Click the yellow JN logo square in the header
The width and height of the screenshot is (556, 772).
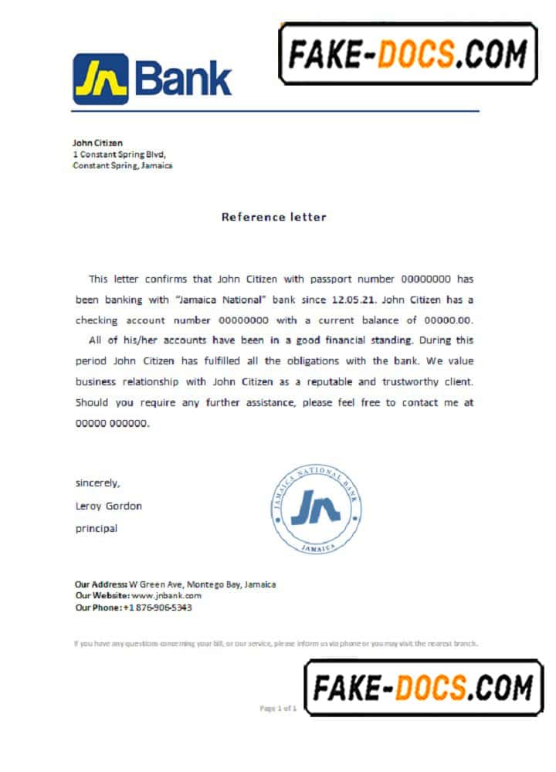pyautogui.click(x=100, y=79)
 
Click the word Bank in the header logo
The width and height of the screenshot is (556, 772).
pyautogui.click(x=183, y=80)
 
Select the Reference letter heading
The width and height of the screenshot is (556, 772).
pyautogui.click(x=274, y=217)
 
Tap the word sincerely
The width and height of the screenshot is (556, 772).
pyautogui.click(x=97, y=483)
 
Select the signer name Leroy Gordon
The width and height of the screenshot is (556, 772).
pyautogui.click(x=108, y=506)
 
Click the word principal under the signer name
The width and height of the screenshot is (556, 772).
pyautogui.click(x=97, y=529)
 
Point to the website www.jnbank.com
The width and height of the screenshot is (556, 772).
pyautogui.click(x=166, y=596)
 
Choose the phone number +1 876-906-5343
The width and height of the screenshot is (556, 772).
pyautogui.click(x=158, y=608)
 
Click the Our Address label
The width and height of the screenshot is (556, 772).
pyautogui.click(x=100, y=584)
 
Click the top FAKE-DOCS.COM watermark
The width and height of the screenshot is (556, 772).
pyautogui.click(x=408, y=54)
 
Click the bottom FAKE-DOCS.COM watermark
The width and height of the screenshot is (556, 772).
pyautogui.click(x=423, y=687)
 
